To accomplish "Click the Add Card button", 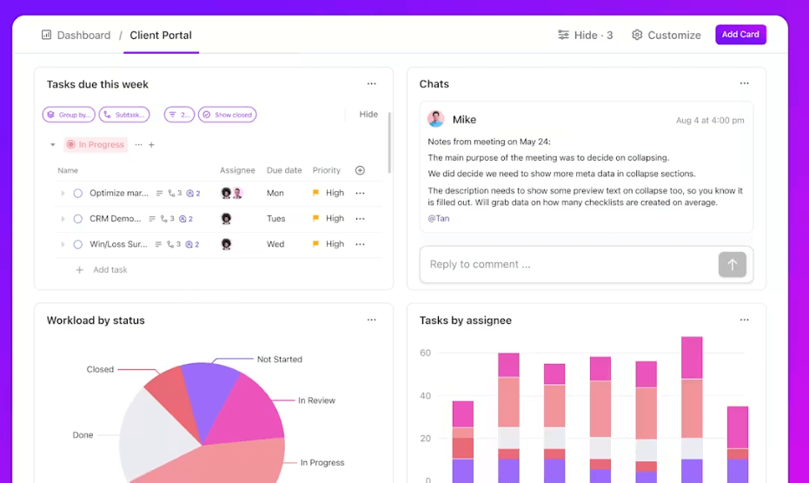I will point(740,35).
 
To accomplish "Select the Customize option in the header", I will point(666,36).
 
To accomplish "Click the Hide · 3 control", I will point(586,36).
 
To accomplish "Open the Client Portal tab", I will point(161,36).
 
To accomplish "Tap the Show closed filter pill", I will point(228,115).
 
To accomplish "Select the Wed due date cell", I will point(275,244).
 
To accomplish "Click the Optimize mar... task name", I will point(119,194).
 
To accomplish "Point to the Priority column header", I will point(327,170).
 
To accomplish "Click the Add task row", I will point(109,270).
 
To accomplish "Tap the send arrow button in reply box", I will point(732,265).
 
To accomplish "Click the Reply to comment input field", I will point(565,265).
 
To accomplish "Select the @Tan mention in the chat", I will point(439,219).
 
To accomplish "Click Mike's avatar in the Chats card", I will point(436,120).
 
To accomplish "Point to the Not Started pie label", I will point(279,359).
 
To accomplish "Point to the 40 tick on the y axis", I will point(425,396).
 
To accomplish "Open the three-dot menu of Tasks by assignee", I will point(744,321).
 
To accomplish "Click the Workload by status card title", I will point(96,321).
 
